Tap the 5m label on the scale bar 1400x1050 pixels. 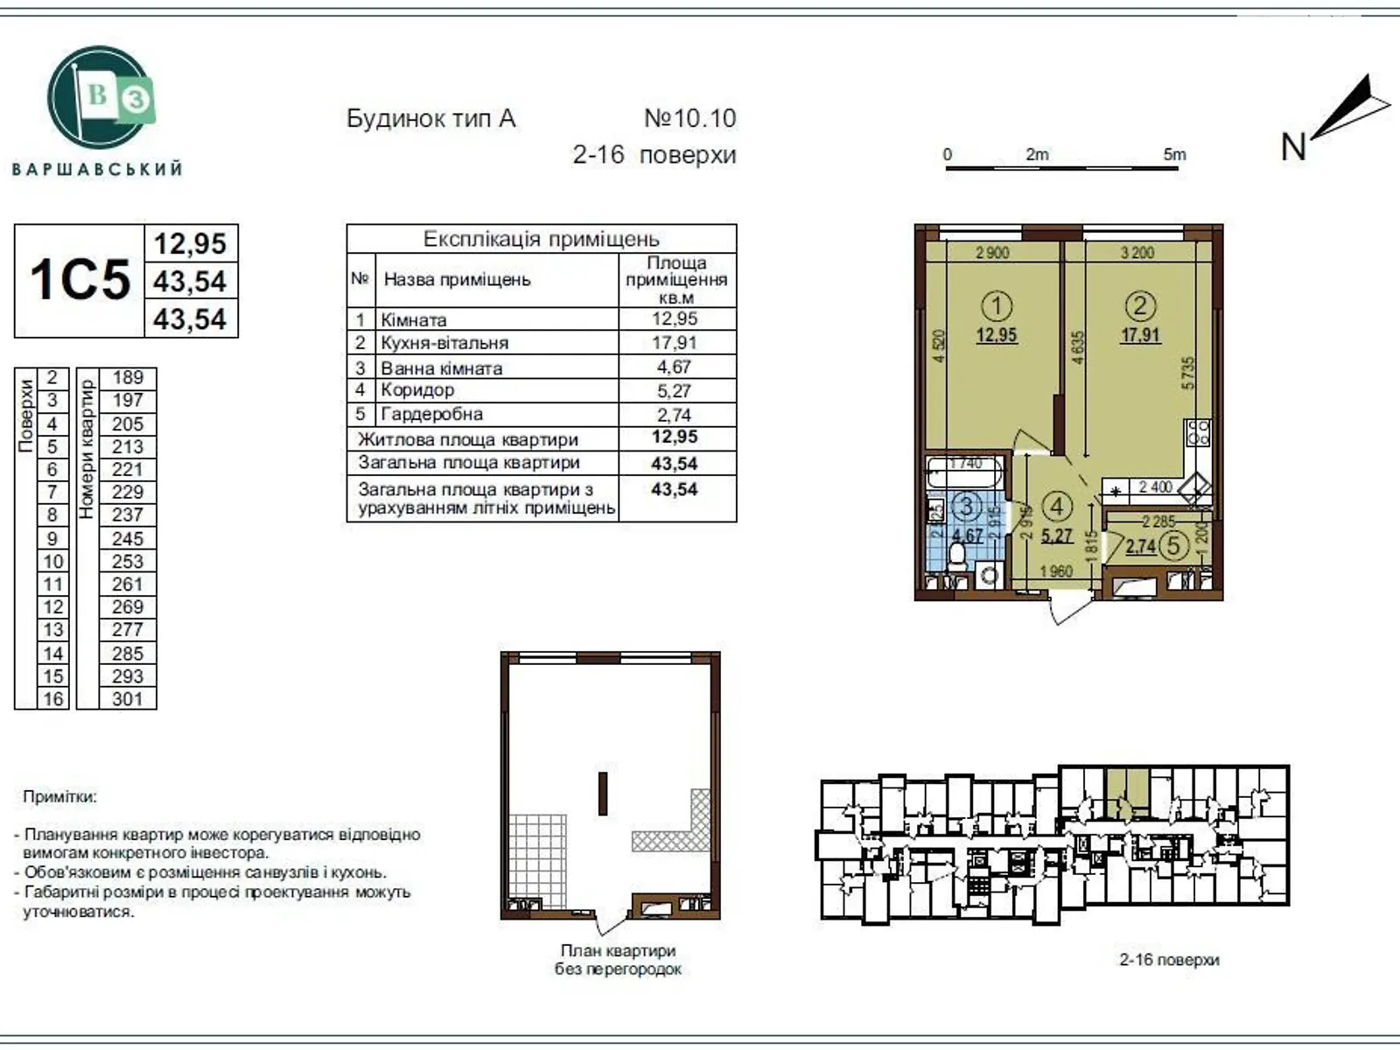click(x=1174, y=154)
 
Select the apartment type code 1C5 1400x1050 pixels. click(x=80, y=281)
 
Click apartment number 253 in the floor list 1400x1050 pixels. click(x=128, y=562)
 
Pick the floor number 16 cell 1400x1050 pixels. click(x=52, y=699)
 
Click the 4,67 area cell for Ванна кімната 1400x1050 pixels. click(x=675, y=367)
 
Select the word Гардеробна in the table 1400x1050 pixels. click(x=431, y=414)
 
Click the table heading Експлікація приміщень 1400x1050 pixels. click(x=541, y=239)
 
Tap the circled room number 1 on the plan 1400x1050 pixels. click(x=997, y=306)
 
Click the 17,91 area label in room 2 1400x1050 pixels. click(x=1140, y=334)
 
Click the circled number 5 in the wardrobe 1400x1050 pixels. click(x=1173, y=546)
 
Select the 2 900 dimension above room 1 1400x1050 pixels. click(x=992, y=253)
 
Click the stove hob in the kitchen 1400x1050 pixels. click(x=1197, y=432)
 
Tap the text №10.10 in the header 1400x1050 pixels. click(x=690, y=118)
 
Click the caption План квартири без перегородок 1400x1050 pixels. click(x=618, y=960)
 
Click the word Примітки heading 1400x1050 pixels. click(x=60, y=797)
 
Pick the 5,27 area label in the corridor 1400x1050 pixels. click(x=1057, y=535)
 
